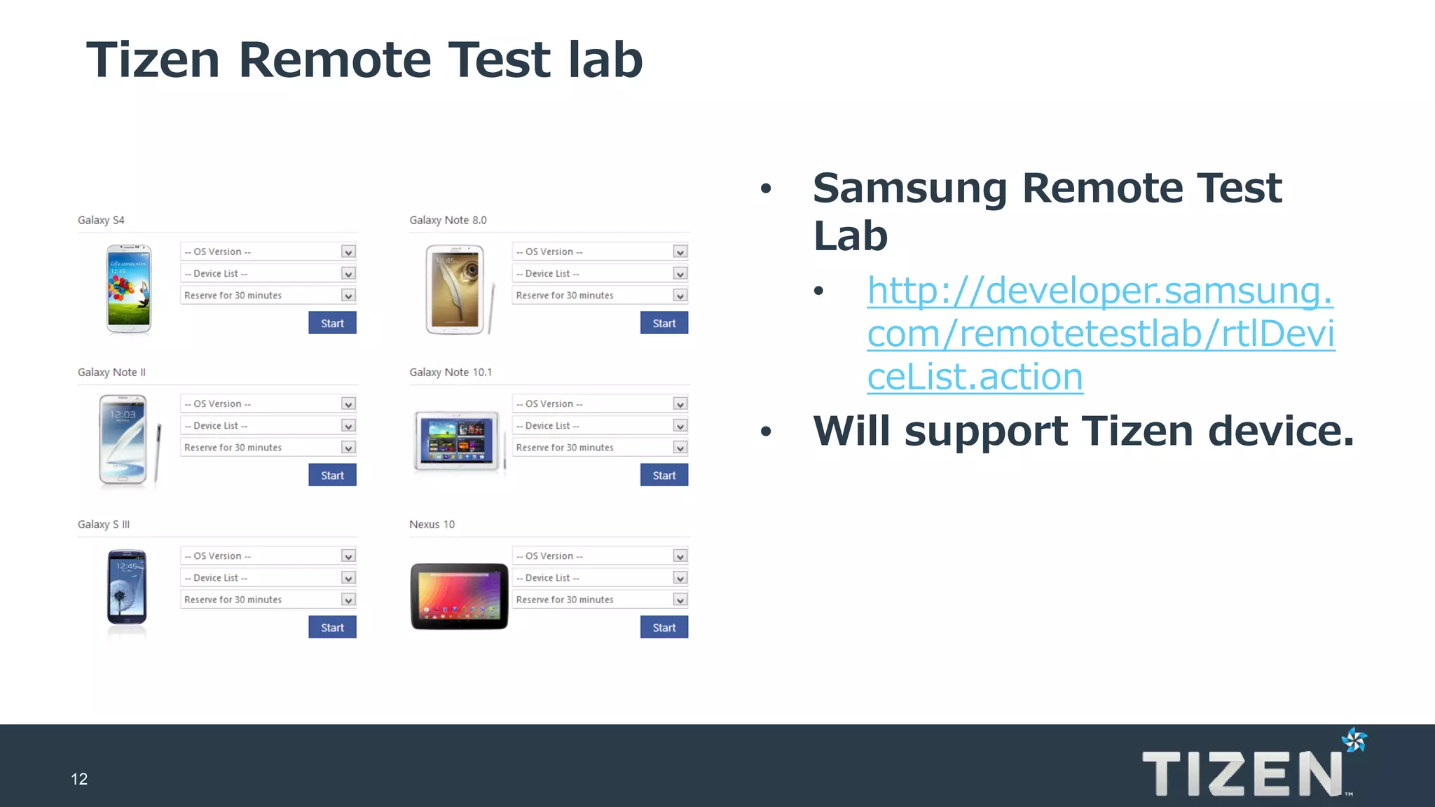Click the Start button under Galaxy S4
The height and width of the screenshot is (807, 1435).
(x=332, y=323)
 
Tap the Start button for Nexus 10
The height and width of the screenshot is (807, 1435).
(x=664, y=627)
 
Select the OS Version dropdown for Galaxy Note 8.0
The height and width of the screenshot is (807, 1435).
(x=599, y=251)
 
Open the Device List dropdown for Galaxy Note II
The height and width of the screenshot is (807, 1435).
(x=268, y=426)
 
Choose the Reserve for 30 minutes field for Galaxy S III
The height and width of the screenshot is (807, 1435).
(x=268, y=600)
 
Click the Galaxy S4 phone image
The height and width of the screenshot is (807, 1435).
(x=129, y=289)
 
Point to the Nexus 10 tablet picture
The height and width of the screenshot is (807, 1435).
(x=459, y=596)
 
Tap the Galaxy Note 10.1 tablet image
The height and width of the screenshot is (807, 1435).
(x=458, y=441)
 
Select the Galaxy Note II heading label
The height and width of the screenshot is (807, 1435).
(x=111, y=372)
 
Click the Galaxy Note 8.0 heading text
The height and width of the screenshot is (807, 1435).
(x=448, y=220)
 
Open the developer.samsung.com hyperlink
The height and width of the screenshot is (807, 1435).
(x=1100, y=333)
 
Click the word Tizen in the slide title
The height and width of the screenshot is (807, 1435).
(x=153, y=60)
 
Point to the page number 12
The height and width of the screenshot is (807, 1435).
(x=79, y=779)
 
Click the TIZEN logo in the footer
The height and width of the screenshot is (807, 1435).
(x=1242, y=773)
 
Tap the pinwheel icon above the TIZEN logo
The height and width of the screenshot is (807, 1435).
(x=1354, y=740)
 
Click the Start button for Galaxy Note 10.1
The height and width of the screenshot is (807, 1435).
(x=664, y=475)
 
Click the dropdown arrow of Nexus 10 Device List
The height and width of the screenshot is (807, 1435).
(x=680, y=578)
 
